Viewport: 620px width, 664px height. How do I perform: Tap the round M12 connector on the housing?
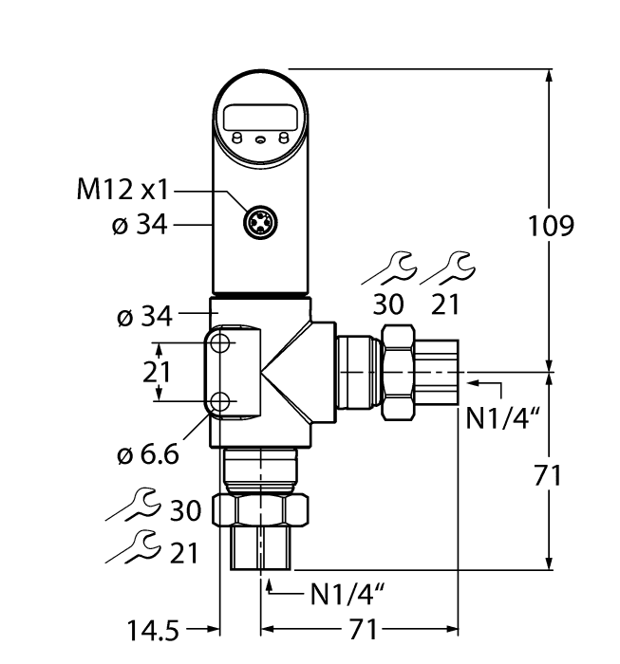click(x=258, y=224)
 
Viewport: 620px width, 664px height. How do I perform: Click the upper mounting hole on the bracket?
click(x=221, y=343)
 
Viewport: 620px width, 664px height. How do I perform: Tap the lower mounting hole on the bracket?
click(x=221, y=402)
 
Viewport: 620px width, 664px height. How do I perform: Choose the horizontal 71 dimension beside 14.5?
click(x=360, y=628)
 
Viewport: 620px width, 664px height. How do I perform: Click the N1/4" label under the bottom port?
click(x=348, y=596)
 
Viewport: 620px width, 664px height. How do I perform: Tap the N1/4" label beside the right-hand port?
click(x=497, y=417)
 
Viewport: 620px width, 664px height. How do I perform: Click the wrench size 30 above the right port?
click(x=389, y=304)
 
